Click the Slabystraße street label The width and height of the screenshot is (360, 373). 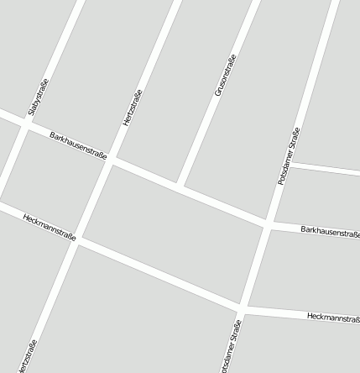click(39, 97)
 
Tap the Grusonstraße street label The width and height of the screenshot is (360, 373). click(226, 75)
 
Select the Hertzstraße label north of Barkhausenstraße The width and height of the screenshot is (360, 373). click(132, 108)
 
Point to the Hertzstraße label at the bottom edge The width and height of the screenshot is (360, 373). click(29, 356)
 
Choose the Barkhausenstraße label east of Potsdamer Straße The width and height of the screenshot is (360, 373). click(329, 232)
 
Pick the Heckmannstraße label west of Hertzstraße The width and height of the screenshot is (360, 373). click(50, 226)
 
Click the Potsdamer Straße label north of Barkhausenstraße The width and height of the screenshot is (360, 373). click(288, 156)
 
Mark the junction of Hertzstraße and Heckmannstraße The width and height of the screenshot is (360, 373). click(79, 241)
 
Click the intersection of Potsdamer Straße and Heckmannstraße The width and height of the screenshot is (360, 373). click(243, 307)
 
